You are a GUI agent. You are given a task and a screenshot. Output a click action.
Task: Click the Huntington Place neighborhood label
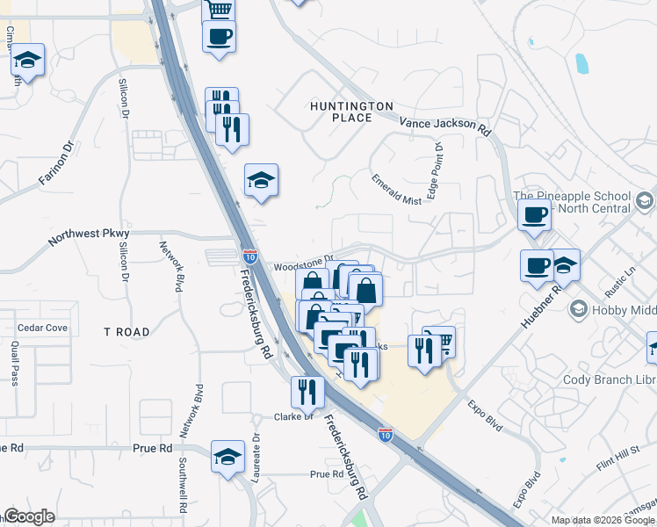351,112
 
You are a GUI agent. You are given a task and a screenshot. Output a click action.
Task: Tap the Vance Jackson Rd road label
444,126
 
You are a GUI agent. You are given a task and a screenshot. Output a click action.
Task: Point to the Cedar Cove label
42,328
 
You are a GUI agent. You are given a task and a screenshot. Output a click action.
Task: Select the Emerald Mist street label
396,188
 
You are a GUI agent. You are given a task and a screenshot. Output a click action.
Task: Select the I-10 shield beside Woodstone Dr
250,256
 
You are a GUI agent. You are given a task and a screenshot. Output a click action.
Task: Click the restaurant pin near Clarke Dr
307,391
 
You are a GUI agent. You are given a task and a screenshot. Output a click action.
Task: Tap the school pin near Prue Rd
227,456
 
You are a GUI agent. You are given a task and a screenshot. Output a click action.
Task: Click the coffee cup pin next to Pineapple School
533,213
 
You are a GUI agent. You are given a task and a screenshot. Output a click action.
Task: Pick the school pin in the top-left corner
28,60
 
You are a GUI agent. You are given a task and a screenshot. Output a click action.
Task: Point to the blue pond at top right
581,63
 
